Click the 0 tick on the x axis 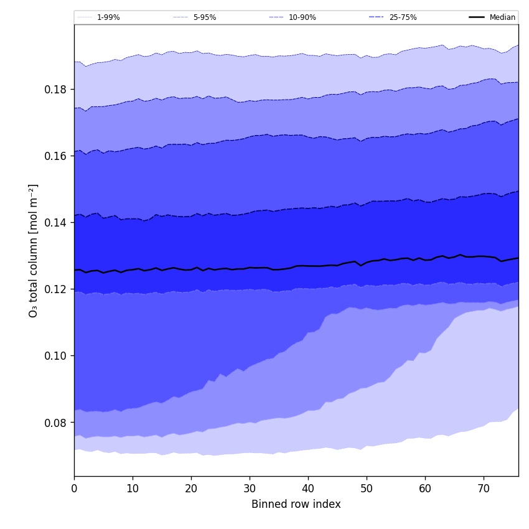pyautogui.click(x=74, y=489)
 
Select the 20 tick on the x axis pyautogui.click(x=191, y=489)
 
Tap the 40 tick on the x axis pyautogui.click(x=308, y=489)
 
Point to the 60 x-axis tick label pyautogui.click(x=425, y=489)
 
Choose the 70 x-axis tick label pyautogui.click(x=484, y=489)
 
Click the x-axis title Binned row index pyautogui.click(x=296, y=505)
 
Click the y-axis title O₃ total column pyautogui.click(x=34, y=250)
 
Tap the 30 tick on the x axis pyautogui.click(x=250, y=489)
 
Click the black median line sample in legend pyautogui.click(x=477, y=17)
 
